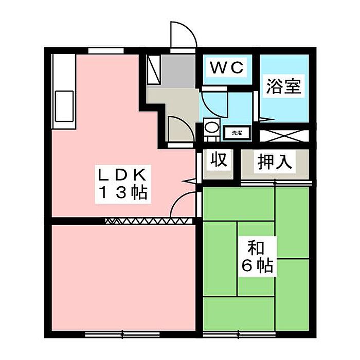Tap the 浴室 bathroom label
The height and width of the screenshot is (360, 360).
coord(283,86)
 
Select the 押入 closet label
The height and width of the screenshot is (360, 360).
coord(275,161)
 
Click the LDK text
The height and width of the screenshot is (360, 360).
coord(123,174)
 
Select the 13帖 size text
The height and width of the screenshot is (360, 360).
coord(123,193)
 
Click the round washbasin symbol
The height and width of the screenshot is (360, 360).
coord(210,127)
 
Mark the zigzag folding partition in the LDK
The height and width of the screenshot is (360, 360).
coord(149,221)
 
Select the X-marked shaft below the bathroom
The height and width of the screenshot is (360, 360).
coord(283,136)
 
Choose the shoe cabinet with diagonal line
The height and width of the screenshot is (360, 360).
coord(154,70)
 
